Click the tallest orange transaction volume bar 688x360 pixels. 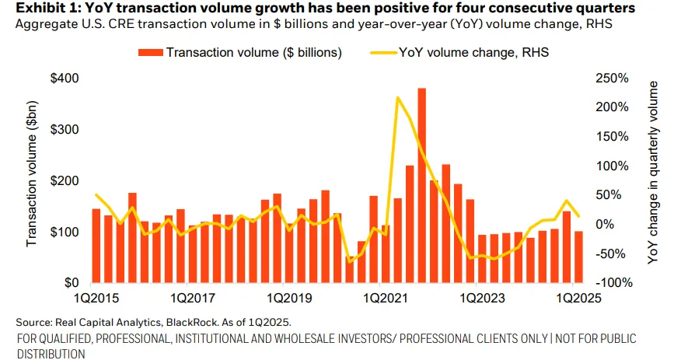tap(421, 187)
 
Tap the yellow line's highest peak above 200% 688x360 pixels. tap(397, 98)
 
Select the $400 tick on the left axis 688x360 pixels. tap(65, 79)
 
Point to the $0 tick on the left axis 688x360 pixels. tap(72, 283)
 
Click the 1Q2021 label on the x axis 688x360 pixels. tap(379, 298)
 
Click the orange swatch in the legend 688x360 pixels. tap(151, 53)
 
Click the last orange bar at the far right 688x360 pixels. tap(578, 257)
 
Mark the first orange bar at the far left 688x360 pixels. tap(96, 246)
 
